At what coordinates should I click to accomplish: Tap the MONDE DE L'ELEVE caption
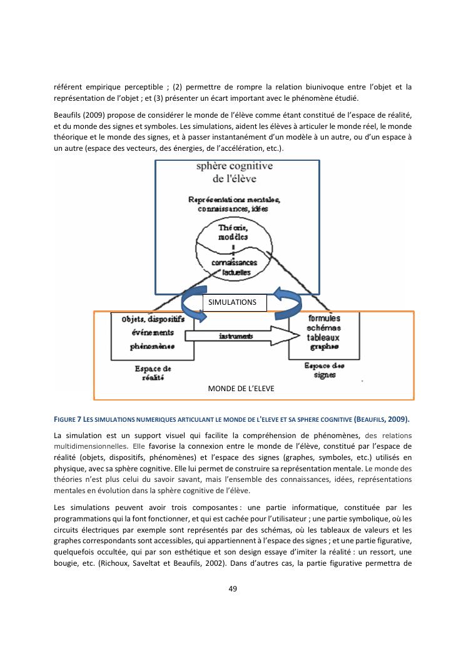coord(241,389)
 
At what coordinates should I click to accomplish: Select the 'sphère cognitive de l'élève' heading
coord(235,171)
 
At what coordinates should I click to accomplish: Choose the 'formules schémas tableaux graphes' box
coord(323,332)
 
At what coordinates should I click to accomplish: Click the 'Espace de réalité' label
coord(149,374)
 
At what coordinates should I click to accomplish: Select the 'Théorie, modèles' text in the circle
coord(233,233)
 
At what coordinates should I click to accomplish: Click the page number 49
coord(233,588)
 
